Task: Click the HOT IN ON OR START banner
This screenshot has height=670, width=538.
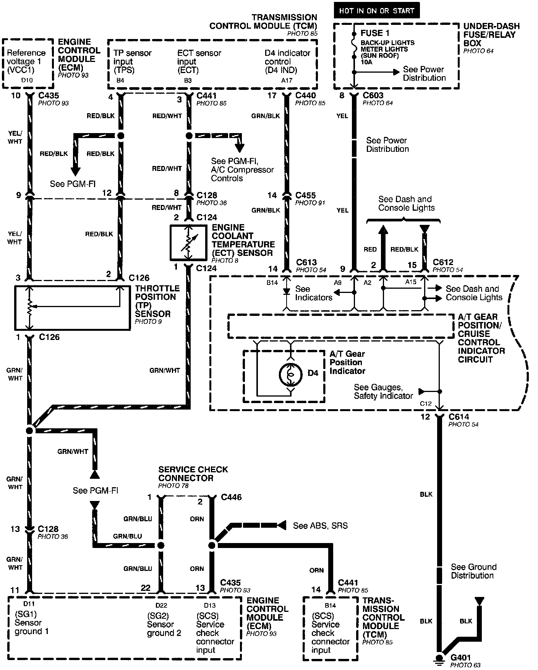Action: (x=376, y=11)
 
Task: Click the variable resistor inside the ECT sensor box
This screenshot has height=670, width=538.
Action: (x=188, y=243)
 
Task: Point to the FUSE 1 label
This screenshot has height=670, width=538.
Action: (x=375, y=33)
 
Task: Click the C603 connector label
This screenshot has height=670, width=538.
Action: (x=373, y=95)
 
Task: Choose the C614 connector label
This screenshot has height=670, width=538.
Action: (x=459, y=417)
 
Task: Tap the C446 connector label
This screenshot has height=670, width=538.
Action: (x=231, y=498)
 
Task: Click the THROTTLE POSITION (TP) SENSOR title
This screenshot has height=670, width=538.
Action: (x=157, y=301)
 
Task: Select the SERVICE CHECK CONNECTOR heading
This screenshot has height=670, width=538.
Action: (x=193, y=473)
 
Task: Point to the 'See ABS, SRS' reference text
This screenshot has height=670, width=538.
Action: (x=320, y=525)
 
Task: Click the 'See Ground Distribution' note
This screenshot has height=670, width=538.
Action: (x=473, y=571)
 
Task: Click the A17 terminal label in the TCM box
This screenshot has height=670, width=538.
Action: (x=287, y=80)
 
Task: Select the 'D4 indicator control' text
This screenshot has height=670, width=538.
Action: (x=287, y=61)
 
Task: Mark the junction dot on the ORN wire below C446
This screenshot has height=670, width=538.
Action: (x=212, y=545)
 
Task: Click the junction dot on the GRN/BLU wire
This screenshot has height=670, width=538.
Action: (x=161, y=545)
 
